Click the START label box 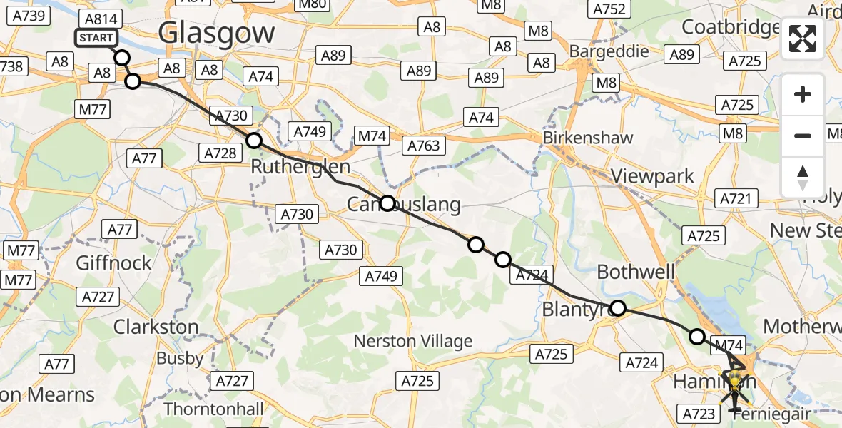96,38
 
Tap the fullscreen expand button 803,39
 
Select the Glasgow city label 216,33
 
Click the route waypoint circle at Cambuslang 387,203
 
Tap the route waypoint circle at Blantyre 618,308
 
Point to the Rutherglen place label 300,168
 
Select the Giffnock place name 114,263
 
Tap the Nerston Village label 413,341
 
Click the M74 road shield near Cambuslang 372,136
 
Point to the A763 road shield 425,146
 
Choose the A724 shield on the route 532,274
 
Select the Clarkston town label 156,327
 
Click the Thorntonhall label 213,409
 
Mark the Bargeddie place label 609,51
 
